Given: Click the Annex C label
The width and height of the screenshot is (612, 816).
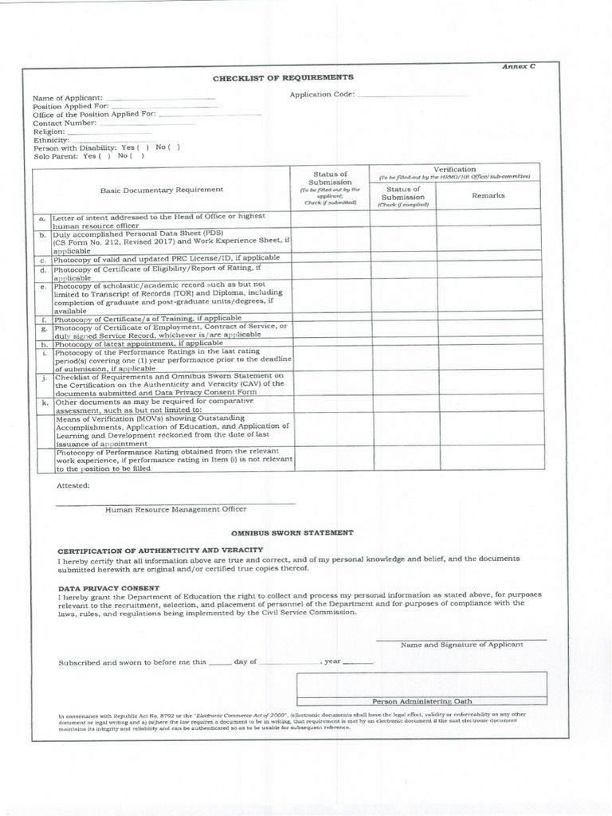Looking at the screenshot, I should [x=518, y=67].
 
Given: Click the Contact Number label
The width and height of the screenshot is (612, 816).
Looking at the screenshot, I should [x=65, y=123].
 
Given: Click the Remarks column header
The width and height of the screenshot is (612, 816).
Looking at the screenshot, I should [x=488, y=195].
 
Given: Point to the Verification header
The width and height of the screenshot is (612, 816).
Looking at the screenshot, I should [x=454, y=169].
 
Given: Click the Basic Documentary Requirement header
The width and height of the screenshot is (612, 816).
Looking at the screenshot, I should [x=162, y=190].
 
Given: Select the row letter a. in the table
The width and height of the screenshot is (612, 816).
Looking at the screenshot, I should [x=41, y=218].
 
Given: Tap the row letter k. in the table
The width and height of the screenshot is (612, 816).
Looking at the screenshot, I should [x=41, y=403].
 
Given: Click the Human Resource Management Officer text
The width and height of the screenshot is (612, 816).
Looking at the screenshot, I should [x=176, y=509].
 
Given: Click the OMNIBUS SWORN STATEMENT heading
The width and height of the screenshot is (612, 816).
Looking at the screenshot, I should [x=292, y=532].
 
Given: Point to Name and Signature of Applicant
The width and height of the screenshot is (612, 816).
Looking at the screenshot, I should [x=461, y=645].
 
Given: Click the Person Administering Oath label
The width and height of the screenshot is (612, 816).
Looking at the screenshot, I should [x=422, y=701].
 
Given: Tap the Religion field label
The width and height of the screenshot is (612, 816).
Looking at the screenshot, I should [x=49, y=131].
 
